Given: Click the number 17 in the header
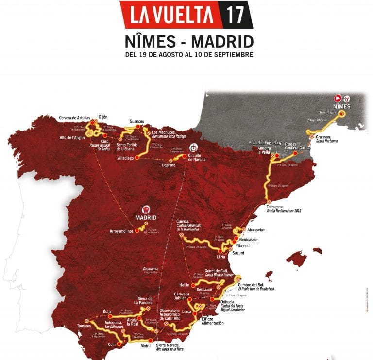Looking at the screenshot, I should tap(235, 15).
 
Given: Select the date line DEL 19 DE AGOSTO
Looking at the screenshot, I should tap(188, 55).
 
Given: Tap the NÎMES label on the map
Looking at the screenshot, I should tap(342, 106).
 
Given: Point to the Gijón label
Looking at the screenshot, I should tap(103, 117).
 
